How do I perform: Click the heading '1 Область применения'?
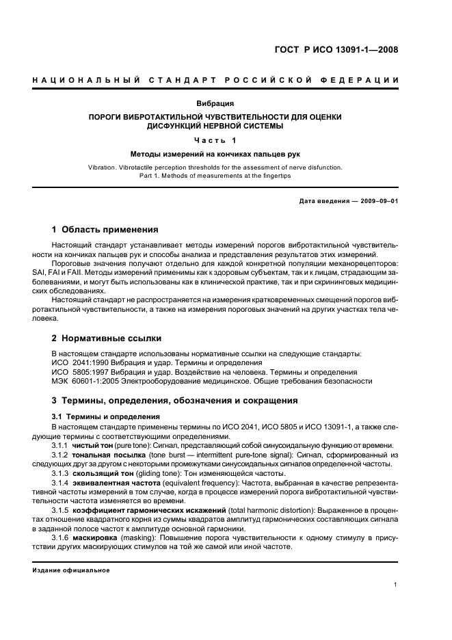[x=105, y=230]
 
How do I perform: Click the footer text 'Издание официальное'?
[x=71, y=570]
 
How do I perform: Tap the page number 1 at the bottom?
[x=396, y=585]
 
